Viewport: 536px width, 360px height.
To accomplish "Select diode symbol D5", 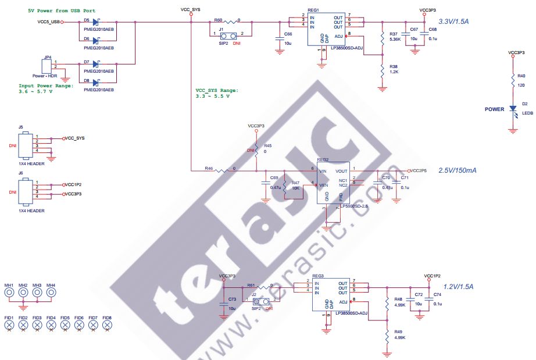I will coord(95,22).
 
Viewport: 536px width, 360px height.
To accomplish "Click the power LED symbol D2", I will coord(513,109).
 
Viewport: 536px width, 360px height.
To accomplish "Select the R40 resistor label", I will coord(521,76).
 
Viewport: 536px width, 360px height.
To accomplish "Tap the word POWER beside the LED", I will coord(494,109).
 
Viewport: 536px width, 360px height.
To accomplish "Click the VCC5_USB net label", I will coord(49,22).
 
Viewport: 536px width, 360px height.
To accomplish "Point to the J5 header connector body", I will coord(25,145).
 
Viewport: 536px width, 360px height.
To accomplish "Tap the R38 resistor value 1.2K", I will coord(394,72).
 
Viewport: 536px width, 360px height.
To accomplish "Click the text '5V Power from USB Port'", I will coord(62,11).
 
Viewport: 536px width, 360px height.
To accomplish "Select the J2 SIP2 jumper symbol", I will coord(260,301).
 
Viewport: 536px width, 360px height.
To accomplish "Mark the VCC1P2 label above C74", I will coord(432,275).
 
